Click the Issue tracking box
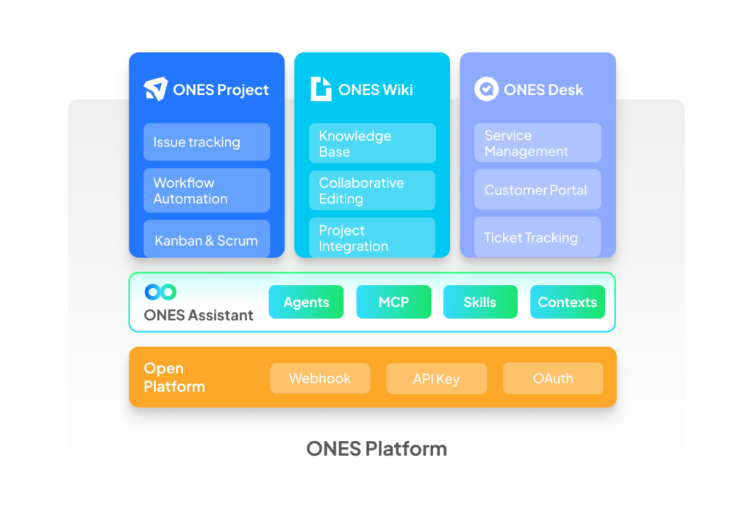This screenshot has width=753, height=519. point(207,142)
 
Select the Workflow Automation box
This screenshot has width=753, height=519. point(207,190)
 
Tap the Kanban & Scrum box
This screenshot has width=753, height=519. point(207,239)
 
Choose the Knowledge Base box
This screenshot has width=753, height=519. point(372,144)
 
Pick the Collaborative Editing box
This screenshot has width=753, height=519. point(372,190)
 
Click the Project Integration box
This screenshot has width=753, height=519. point(372,237)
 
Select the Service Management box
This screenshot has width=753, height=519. point(538,143)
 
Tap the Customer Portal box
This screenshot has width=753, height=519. point(538,189)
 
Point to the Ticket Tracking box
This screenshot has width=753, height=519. point(538,237)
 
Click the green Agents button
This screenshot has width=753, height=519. point(307,302)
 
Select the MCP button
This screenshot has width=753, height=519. point(394,302)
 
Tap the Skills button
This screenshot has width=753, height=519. point(480,302)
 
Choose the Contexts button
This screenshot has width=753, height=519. point(568,302)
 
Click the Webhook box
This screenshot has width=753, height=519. point(320,378)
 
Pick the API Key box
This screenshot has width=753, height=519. point(437,378)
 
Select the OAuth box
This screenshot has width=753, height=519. point(553,378)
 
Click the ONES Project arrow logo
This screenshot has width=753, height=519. point(156,89)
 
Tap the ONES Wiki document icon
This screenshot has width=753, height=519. point(321,89)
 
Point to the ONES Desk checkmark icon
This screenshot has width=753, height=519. point(487,89)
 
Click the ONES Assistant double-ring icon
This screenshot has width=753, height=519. point(160,292)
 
